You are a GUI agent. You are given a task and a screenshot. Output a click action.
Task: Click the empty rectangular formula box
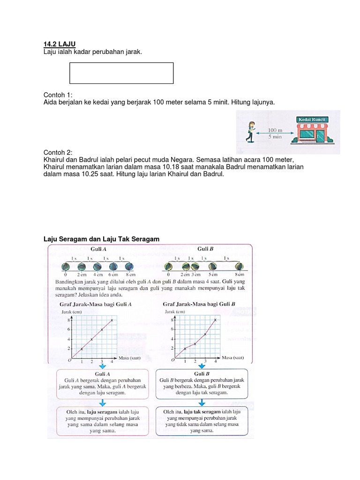pyautogui.click(x=121, y=73)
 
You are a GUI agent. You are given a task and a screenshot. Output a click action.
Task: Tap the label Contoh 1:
pyautogui.click(x=58, y=94)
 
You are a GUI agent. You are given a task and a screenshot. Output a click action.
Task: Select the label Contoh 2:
pyautogui.click(x=58, y=152)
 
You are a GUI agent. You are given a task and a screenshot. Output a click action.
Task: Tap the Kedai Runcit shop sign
pyautogui.click(x=312, y=120)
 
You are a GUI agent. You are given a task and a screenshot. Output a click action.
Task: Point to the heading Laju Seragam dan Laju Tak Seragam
pyautogui.click(x=101, y=239)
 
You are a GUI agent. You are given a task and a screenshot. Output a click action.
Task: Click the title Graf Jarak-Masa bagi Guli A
pyautogui.click(x=95, y=304)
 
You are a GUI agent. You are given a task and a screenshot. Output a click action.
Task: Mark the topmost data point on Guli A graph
pyautogui.click(x=112, y=320)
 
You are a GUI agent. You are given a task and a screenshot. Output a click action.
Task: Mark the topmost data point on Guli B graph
pyautogui.click(x=215, y=320)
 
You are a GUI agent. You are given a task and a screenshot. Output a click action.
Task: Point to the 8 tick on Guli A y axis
pyautogui.click(x=69, y=320)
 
